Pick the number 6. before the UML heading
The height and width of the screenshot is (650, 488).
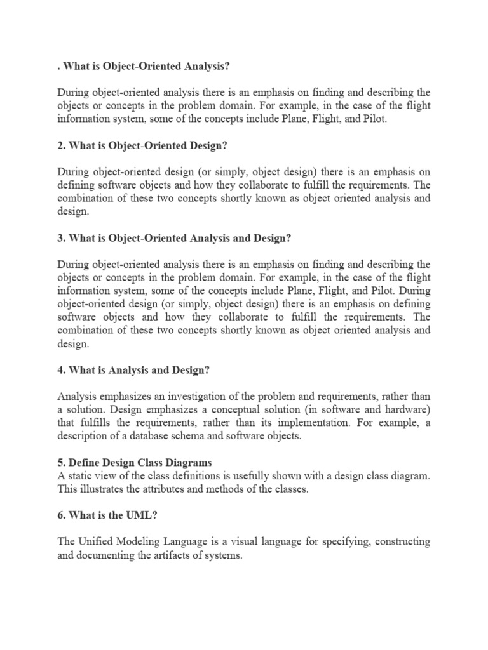pos(62,516)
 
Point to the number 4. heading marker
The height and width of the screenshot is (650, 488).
pos(62,370)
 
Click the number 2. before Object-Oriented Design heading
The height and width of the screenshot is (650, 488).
pos(62,145)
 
